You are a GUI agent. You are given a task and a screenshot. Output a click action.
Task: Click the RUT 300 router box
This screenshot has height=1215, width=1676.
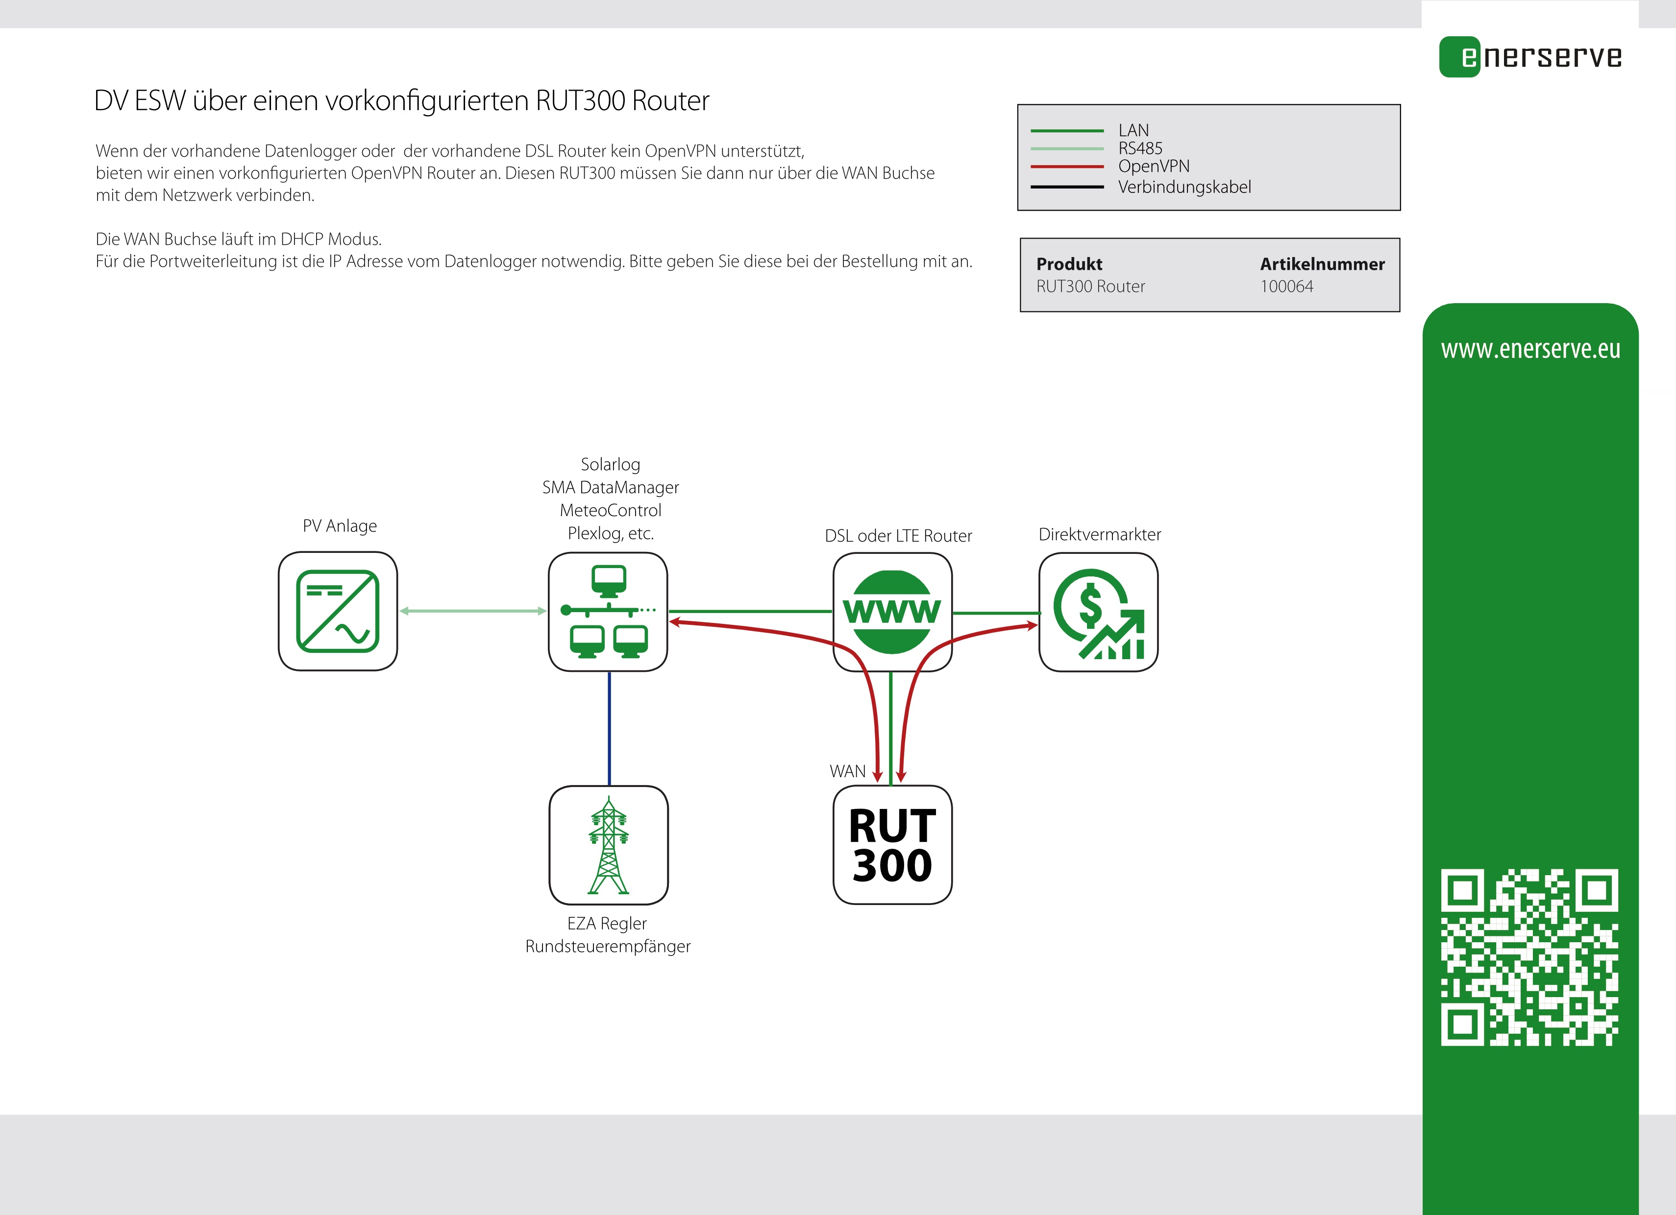pos(892,844)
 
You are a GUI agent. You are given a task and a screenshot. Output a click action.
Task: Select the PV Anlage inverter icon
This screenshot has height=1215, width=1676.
pos(338,611)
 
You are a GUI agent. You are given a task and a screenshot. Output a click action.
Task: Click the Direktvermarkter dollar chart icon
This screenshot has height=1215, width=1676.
pos(1098,612)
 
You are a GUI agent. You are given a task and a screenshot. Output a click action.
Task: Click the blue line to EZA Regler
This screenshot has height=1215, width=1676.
pos(609,728)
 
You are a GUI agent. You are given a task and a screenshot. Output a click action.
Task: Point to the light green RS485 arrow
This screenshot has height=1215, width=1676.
pos(473,611)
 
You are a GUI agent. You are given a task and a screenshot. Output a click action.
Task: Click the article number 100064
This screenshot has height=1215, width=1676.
pos(1286,286)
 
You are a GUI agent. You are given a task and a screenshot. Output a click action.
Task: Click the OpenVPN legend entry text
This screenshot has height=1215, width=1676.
pos(1154,166)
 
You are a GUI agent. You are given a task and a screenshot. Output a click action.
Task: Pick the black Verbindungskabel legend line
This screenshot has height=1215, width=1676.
pos(1066,187)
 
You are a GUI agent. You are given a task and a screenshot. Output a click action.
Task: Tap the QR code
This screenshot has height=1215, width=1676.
pos(1529,957)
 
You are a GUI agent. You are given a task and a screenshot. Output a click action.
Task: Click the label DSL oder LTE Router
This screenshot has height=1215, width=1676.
pos(898,535)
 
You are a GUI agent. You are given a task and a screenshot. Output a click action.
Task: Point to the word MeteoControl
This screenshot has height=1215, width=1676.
pos(611,510)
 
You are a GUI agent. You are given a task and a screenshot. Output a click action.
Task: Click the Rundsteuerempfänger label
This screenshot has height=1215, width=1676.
pos(608,946)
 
